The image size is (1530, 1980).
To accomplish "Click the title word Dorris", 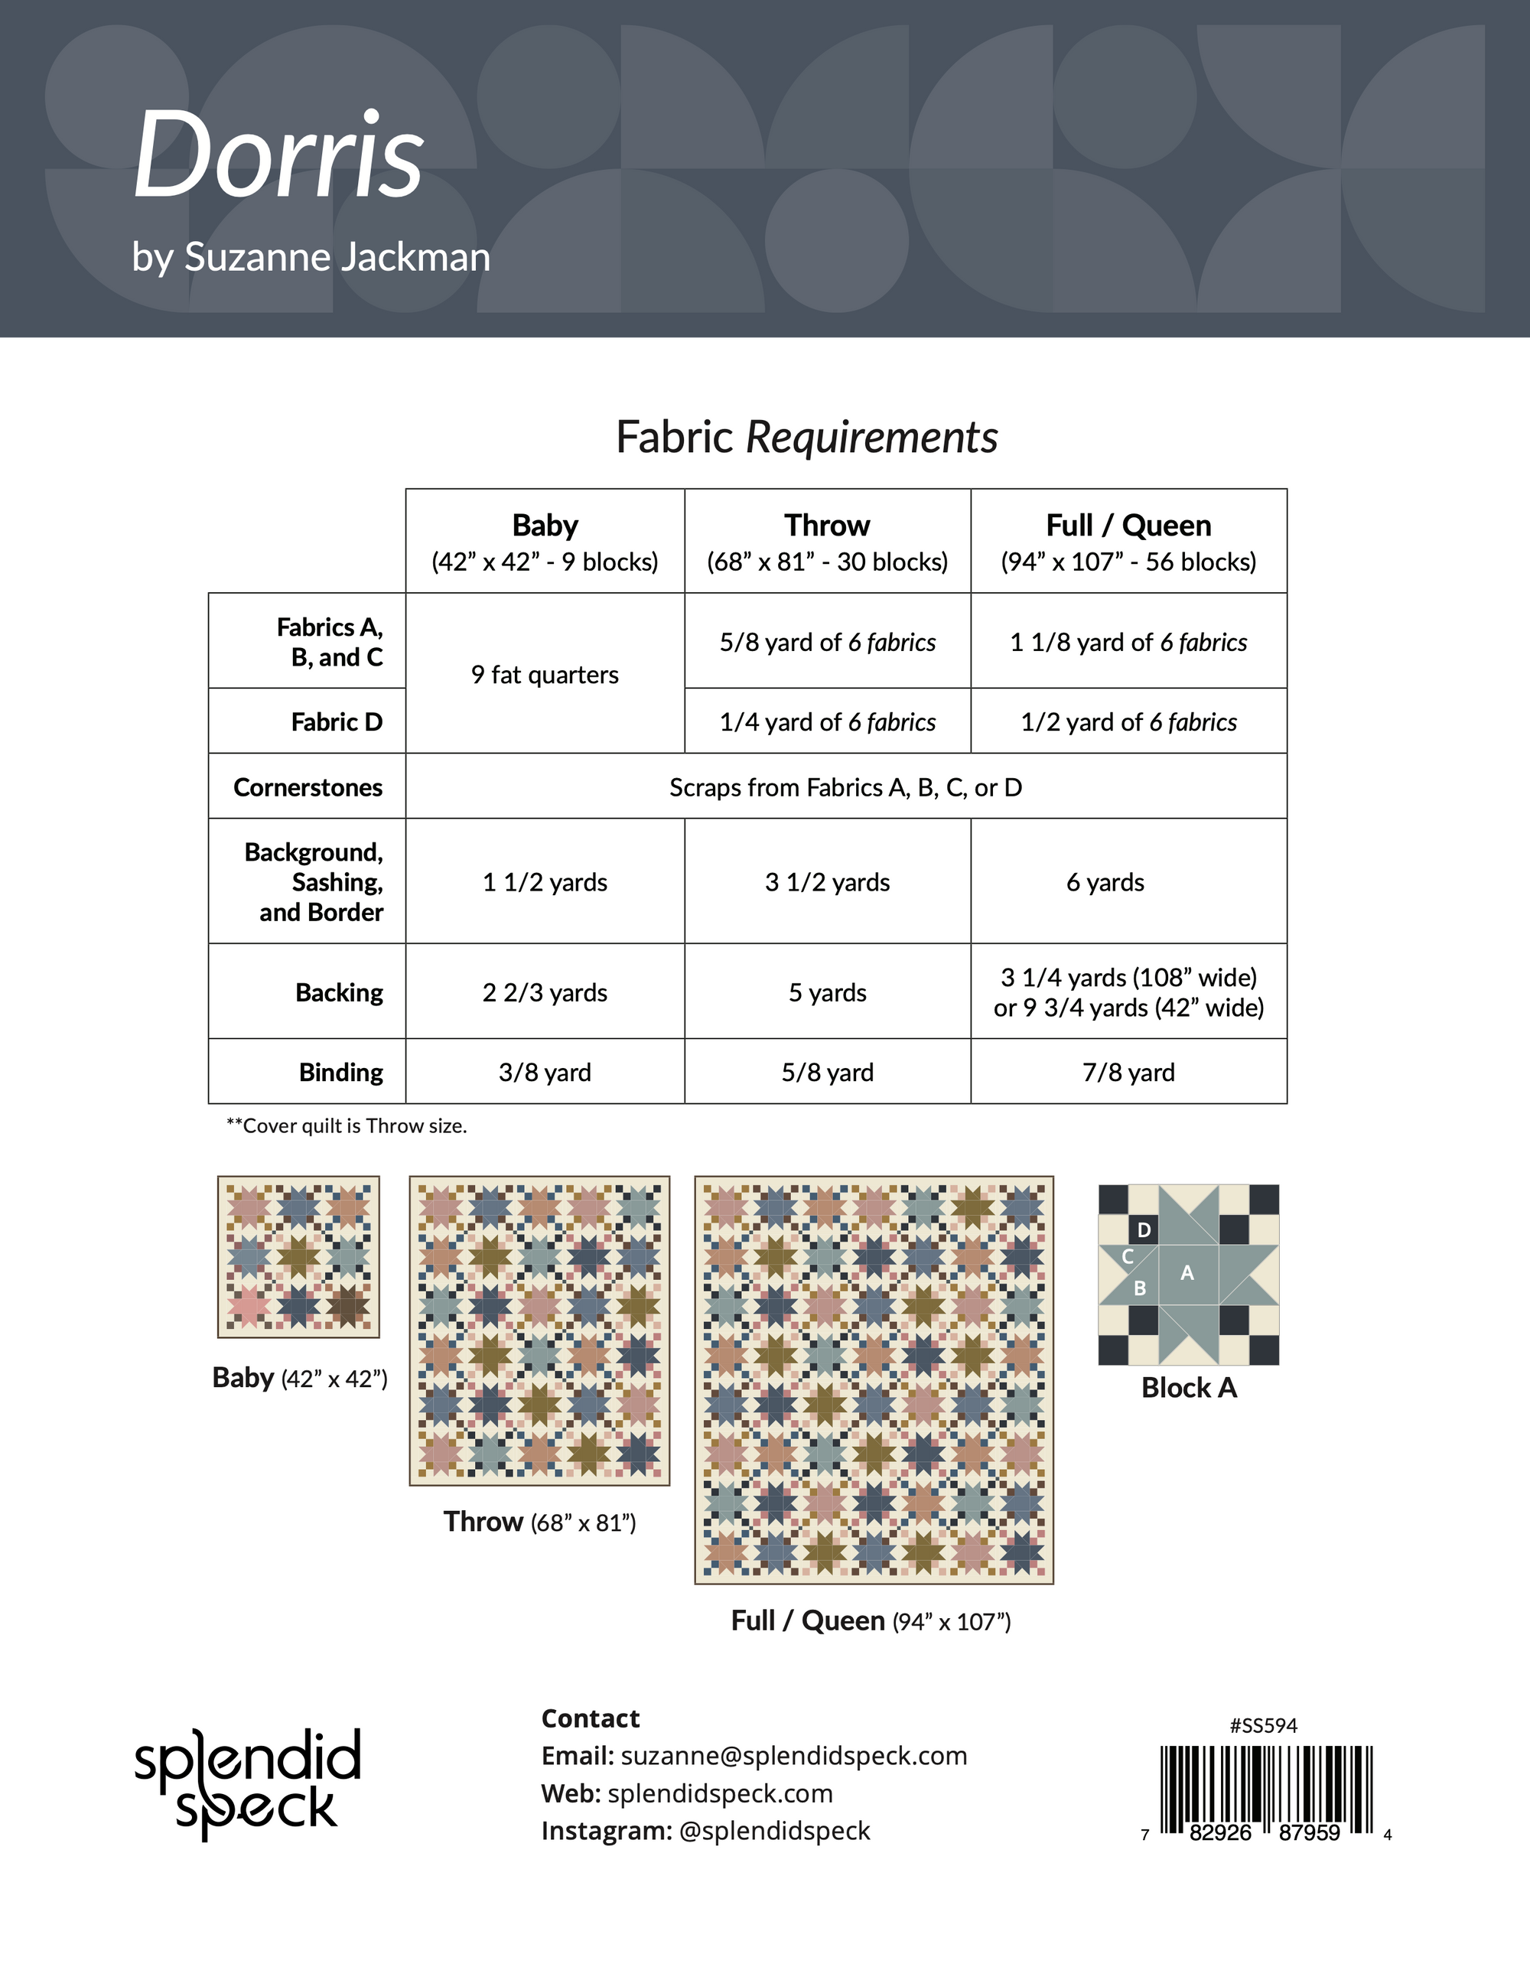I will click(278, 156).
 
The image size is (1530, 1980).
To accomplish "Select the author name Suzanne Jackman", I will click(337, 258).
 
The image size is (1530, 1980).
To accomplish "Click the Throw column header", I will click(827, 526).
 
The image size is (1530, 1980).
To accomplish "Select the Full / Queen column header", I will click(1128, 526).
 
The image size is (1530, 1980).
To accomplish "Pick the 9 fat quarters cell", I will click(545, 675).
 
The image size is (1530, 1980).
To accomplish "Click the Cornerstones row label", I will click(308, 787).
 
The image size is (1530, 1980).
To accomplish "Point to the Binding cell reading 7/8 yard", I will click(1128, 1073).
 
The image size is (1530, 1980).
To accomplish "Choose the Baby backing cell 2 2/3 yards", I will click(545, 993).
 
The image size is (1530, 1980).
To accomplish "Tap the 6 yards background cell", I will click(1105, 882).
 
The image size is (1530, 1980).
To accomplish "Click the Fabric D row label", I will click(337, 721).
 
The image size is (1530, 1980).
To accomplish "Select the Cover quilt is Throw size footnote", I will click(347, 1126).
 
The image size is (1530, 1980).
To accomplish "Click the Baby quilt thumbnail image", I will click(298, 1256).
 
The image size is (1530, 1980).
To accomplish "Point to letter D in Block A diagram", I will click(1144, 1230).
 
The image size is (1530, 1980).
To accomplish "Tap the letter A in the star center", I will click(1187, 1273).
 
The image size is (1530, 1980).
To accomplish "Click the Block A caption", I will click(1188, 1388).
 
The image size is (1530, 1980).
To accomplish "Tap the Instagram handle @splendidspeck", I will click(774, 1830).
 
